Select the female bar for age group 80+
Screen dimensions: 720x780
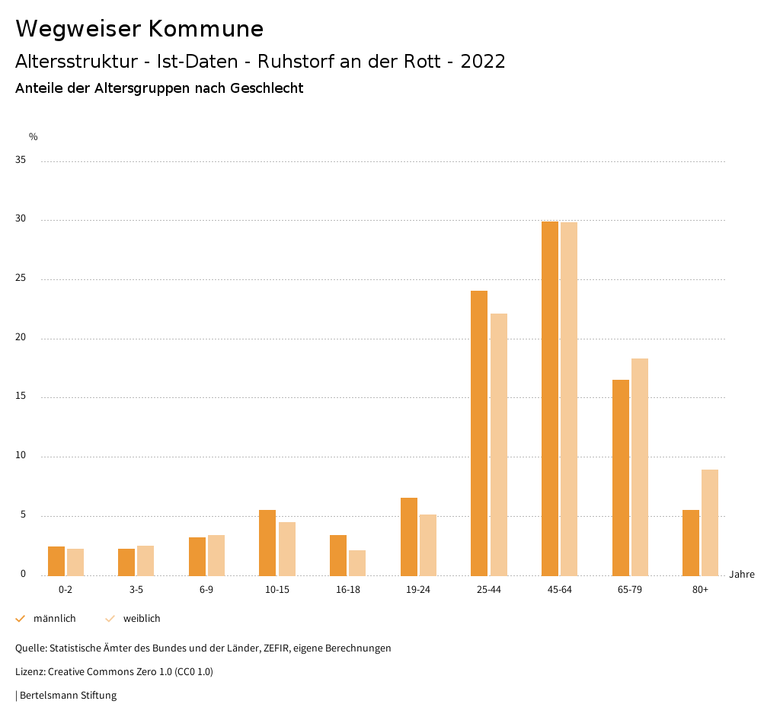(710, 522)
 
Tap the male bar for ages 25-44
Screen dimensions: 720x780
(479, 433)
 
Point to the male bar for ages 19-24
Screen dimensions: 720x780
(409, 537)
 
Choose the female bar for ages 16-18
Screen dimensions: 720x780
(357, 562)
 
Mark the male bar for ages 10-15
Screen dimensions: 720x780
(267, 543)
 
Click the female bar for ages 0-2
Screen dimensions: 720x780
(75, 562)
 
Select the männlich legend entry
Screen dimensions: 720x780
(54, 619)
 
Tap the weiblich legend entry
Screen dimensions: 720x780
(142, 619)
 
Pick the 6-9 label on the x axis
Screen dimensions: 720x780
(206, 590)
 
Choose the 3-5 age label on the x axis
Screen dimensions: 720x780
(136, 590)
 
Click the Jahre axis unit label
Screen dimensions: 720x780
(742, 575)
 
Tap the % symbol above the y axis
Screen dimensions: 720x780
(34, 137)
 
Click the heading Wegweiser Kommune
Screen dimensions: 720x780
(139, 29)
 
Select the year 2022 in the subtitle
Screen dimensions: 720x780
(483, 62)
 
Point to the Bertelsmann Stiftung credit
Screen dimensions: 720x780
(68, 696)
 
